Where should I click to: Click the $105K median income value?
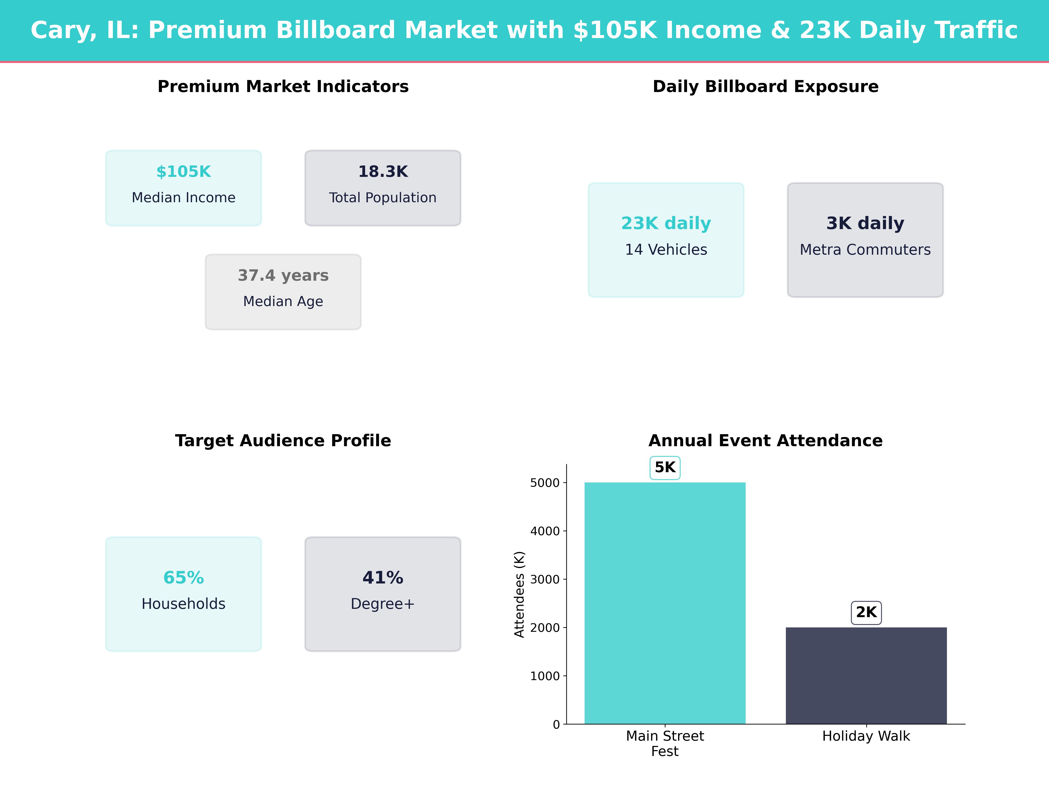click(x=184, y=172)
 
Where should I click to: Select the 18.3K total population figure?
click(x=383, y=172)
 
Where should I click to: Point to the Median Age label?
click(x=283, y=301)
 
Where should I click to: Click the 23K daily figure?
click(x=666, y=223)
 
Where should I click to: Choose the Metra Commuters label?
click(x=865, y=249)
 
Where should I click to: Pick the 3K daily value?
click(x=865, y=223)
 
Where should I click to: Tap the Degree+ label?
click(x=383, y=604)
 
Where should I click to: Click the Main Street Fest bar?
click(x=665, y=602)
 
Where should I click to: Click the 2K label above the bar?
click(x=866, y=612)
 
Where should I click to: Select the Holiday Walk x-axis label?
click(x=866, y=736)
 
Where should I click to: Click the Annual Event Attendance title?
click(x=765, y=441)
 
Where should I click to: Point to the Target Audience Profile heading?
click(x=283, y=441)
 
